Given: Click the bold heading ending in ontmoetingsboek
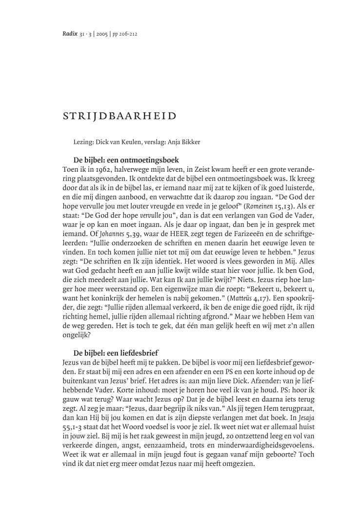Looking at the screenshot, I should (126, 160).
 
